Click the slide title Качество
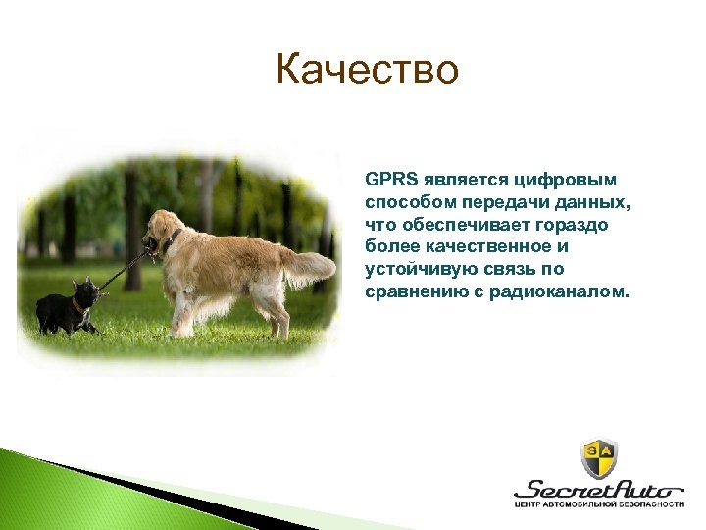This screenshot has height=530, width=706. [x=367, y=71]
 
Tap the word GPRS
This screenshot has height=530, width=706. [x=389, y=180]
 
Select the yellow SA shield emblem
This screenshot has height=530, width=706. [x=599, y=457]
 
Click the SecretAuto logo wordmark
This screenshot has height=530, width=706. [x=599, y=489]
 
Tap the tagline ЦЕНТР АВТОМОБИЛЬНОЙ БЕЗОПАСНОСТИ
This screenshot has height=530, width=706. [x=599, y=505]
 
